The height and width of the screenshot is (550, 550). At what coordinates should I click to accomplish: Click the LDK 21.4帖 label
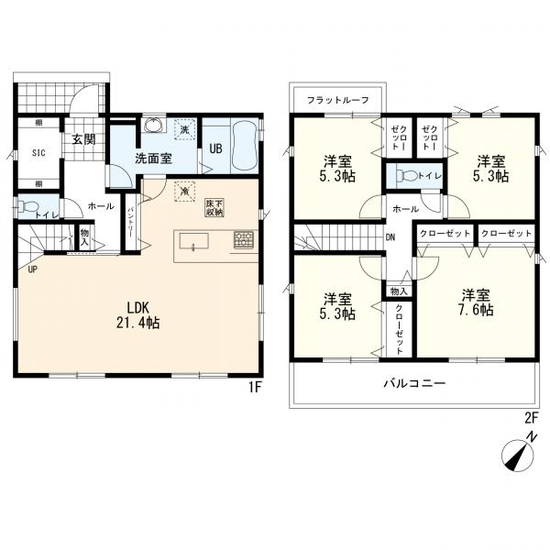[138, 315]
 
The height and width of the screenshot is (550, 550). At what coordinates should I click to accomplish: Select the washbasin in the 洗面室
[153, 124]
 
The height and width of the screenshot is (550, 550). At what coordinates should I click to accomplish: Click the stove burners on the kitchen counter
[244, 240]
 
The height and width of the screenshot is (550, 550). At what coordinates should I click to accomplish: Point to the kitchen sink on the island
[194, 241]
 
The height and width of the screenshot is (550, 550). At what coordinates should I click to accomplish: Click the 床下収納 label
[214, 208]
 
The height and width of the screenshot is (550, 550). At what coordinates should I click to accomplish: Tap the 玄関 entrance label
[84, 139]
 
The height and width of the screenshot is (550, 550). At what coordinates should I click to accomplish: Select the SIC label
[38, 153]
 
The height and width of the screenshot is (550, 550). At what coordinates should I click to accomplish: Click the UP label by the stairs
[33, 269]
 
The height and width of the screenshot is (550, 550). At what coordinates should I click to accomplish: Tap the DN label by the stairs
[390, 237]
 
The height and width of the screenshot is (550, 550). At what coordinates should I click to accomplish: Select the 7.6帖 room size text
[476, 310]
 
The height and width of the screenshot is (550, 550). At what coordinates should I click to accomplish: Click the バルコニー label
[414, 382]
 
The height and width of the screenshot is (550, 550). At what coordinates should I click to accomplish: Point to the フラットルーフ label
[337, 100]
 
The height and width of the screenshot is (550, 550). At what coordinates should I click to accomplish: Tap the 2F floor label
[531, 418]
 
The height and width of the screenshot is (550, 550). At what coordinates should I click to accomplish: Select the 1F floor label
[256, 387]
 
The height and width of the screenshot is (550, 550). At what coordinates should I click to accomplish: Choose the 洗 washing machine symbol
[184, 129]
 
